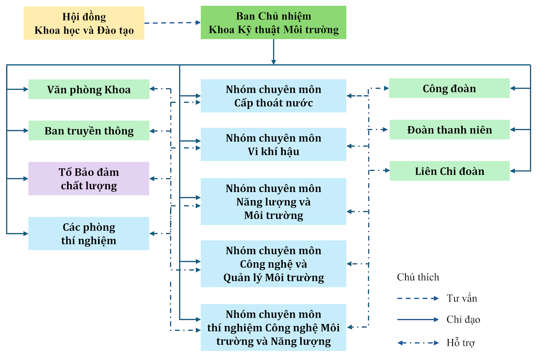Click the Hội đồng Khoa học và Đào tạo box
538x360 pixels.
pyautogui.click(x=84, y=23)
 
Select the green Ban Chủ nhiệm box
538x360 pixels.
pyautogui.click(x=273, y=22)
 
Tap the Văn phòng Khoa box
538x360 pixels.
pyautogui.click(x=89, y=89)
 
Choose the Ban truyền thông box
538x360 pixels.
pyautogui.click(x=89, y=131)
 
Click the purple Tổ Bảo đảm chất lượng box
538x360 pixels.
pyautogui.click(x=89, y=179)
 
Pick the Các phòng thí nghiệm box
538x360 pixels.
pyautogui.click(x=89, y=234)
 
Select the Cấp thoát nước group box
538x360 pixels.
pyautogui.click(x=273, y=96)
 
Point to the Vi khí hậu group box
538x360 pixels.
pyautogui.click(x=273, y=144)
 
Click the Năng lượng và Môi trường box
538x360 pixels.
pyautogui.click(x=273, y=202)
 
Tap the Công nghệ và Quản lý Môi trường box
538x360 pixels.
pyautogui.click(x=273, y=264)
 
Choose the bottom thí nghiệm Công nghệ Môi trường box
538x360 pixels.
pyautogui.click(x=273, y=327)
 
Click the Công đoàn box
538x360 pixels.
pyautogui.click(x=449, y=88)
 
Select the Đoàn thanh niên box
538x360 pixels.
pyautogui.click(x=449, y=130)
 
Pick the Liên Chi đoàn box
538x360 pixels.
pyautogui.click(x=449, y=171)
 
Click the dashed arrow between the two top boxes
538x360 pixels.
pyautogui.click(x=172, y=23)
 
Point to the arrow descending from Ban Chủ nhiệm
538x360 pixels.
pyautogui.click(x=274, y=52)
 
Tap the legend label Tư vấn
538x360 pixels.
pyautogui.click(x=462, y=298)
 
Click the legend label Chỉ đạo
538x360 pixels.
pyautogui.click(x=463, y=320)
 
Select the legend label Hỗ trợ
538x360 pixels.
pyautogui.click(x=461, y=343)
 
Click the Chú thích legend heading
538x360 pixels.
pyautogui.click(x=418, y=277)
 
